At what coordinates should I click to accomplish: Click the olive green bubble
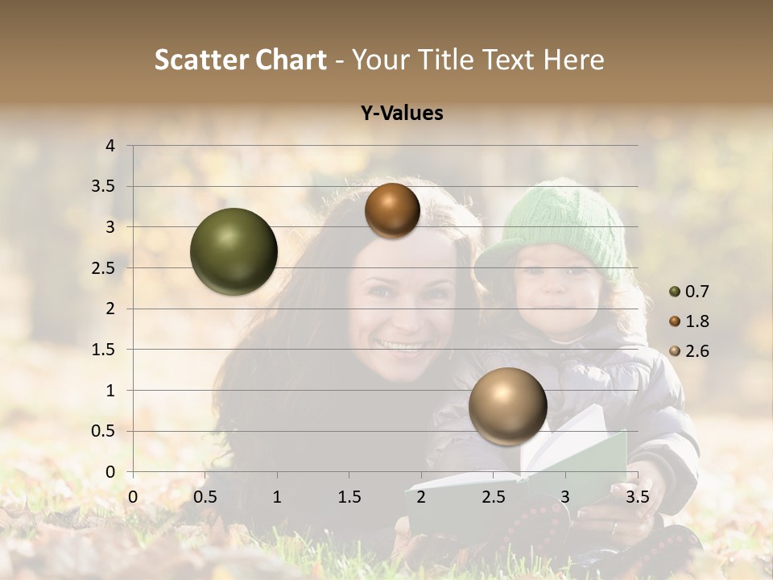coord(234,251)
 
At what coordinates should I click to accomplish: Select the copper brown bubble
coord(392,210)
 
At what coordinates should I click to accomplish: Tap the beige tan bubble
coord(507,406)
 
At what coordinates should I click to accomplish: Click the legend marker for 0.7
coord(675,292)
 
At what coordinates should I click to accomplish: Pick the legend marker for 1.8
coord(675,321)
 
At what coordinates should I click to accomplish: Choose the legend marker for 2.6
coord(675,351)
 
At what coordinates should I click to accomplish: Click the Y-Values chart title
coord(402,114)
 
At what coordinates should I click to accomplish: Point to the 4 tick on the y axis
coord(110,146)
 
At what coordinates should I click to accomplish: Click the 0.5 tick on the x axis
coord(205,497)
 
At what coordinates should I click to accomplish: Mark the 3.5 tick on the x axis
coord(637,497)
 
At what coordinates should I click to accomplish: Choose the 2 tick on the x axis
coord(421,497)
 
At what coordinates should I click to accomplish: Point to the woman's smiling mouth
coord(400,346)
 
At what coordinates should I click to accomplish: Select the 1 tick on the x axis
coord(277,497)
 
